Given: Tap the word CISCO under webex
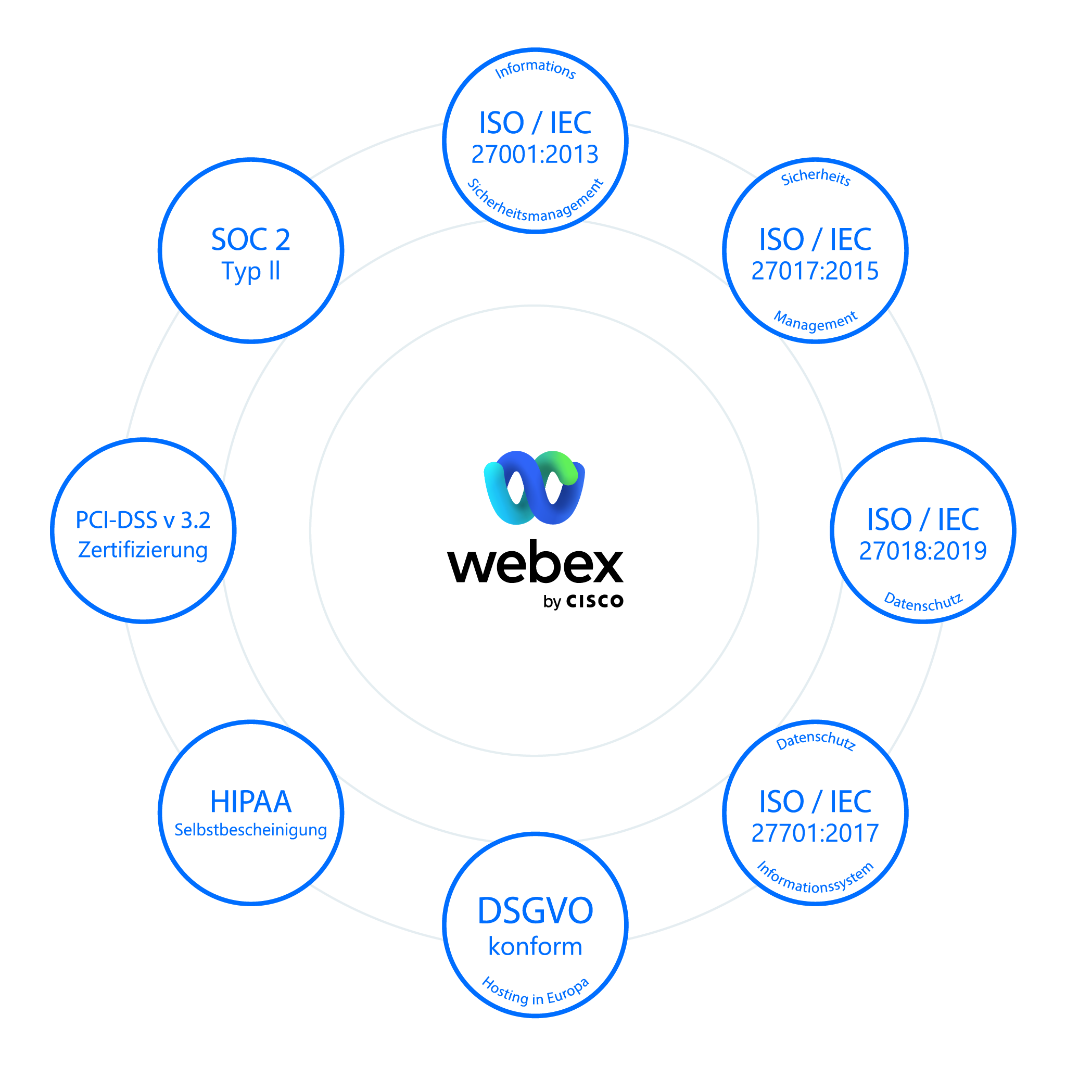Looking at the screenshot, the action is tap(595, 601).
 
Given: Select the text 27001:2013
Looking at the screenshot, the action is tap(535, 154).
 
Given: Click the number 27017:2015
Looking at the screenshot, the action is tap(815, 270).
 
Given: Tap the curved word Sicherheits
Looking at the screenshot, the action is tap(816, 177).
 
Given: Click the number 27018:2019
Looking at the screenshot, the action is tap(923, 550).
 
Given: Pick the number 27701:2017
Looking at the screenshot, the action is tap(815, 833).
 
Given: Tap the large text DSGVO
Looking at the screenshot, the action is tap(535, 911).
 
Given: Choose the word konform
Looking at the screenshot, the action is tap(535, 947).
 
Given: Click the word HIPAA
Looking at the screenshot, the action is tap(250, 802).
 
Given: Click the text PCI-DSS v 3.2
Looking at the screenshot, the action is tap(143, 521).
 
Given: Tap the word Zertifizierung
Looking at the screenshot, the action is tap(143, 550).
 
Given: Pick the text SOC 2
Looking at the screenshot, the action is tap(250, 239).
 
